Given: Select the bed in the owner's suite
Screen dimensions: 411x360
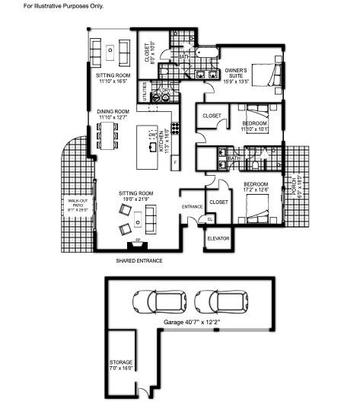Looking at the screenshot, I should (266, 75).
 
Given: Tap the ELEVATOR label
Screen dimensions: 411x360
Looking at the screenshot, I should (218, 239).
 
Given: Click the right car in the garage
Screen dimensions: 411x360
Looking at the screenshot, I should (217, 302).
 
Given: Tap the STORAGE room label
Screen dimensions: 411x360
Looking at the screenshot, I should (121, 364).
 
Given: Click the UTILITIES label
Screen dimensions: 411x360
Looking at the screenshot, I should (142, 92).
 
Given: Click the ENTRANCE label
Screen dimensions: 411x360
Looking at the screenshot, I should (192, 207).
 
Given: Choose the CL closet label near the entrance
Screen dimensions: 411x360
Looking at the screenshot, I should (210, 218).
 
